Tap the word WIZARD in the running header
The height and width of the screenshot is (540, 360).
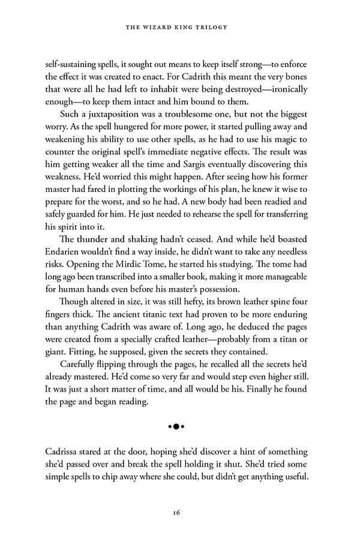162,28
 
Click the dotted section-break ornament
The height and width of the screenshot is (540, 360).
175,426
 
